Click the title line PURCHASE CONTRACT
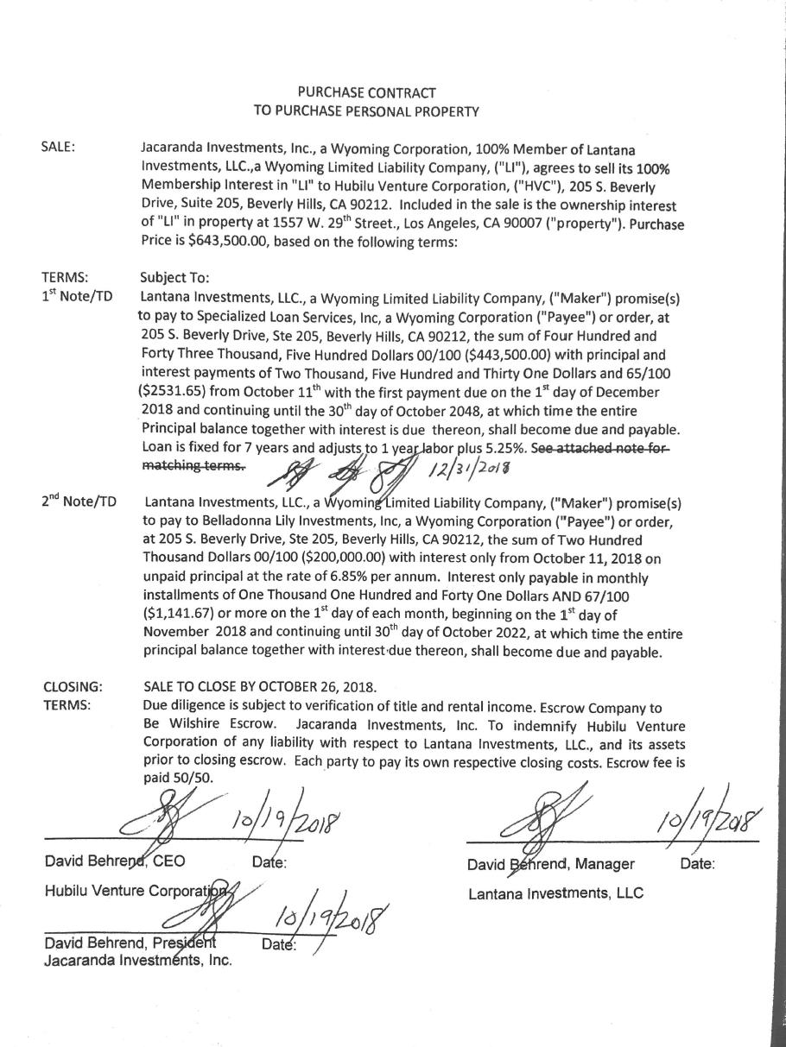click(x=366, y=92)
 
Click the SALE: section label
click(x=59, y=147)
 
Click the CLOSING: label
click(x=73, y=688)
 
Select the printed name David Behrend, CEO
click(x=114, y=861)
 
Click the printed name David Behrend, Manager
click(x=551, y=864)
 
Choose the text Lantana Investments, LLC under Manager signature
click(x=555, y=893)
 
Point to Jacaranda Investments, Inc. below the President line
click(x=137, y=959)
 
